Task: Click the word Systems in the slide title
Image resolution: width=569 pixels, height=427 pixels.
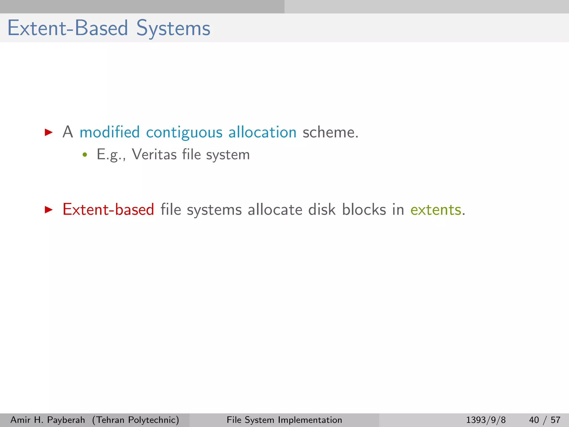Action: pos(173,28)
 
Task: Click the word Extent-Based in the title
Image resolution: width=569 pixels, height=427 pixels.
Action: pos(68,28)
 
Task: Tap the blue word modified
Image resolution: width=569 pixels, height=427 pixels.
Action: pos(109,132)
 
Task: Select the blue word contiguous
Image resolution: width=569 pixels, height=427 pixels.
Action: pos(184,133)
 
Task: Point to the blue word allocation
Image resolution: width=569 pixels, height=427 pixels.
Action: pos(262,132)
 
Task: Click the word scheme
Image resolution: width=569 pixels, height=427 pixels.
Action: pos(330,132)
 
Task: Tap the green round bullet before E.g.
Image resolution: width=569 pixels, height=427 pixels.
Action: pos(85,155)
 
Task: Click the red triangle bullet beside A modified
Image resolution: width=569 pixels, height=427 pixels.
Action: pos(49,132)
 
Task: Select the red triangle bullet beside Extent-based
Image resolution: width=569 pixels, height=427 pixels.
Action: pos(49,210)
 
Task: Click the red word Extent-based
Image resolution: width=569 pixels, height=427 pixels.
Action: pos(108,209)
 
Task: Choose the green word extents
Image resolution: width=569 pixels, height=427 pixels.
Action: pos(436,210)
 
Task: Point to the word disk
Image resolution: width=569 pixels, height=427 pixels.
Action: pos(322,209)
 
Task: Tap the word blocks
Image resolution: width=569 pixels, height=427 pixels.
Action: pos(364,209)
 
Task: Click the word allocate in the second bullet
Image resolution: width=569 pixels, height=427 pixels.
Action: pos(275,209)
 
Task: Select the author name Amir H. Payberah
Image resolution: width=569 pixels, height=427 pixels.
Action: pos(48,420)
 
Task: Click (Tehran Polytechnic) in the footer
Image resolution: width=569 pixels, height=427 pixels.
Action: pos(136,420)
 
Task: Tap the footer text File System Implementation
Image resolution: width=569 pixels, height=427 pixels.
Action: pos(284,420)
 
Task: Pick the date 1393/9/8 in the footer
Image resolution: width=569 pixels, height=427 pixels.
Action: pos(486,420)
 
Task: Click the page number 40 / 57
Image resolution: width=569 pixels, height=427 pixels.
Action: pos(545,420)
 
